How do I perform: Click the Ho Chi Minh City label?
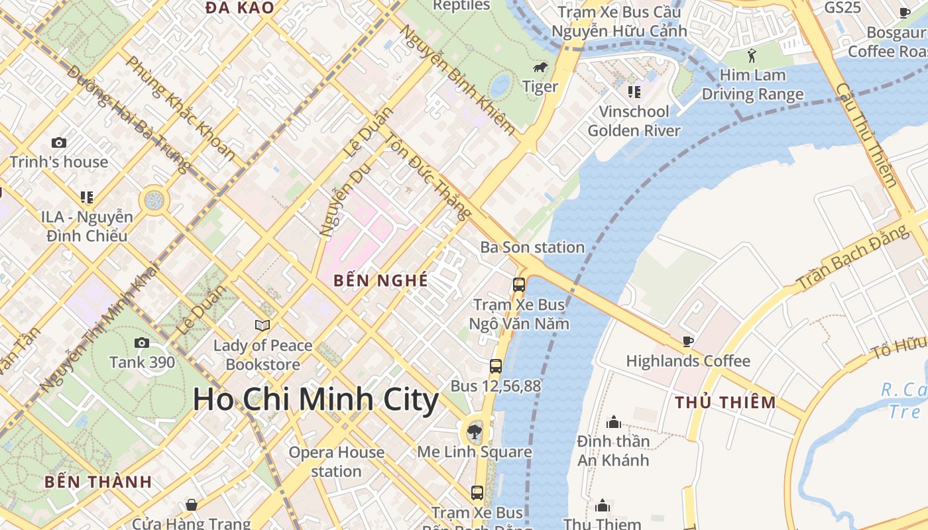[316, 400]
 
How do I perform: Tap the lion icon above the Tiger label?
[540, 68]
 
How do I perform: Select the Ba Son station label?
[532, 248]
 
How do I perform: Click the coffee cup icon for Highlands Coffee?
[688, 342]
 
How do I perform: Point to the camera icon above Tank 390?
[142, 343]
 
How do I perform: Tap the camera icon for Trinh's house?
[59, 142]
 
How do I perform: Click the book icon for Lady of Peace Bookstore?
[262, 325]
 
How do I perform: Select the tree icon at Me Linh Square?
[475, 433]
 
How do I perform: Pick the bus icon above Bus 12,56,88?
[495, 366]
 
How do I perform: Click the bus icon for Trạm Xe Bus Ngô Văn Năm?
[519, 285]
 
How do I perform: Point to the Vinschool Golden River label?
[634, 121]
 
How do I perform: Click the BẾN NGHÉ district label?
[380, 280]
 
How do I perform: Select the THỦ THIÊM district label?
[725, 402]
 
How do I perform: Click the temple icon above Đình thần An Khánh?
[613, 422]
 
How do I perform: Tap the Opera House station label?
[336, 462]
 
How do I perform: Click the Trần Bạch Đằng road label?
[853, 257]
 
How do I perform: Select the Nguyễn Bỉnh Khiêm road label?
[457, 80]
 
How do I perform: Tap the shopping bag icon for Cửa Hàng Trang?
[192, 505]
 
